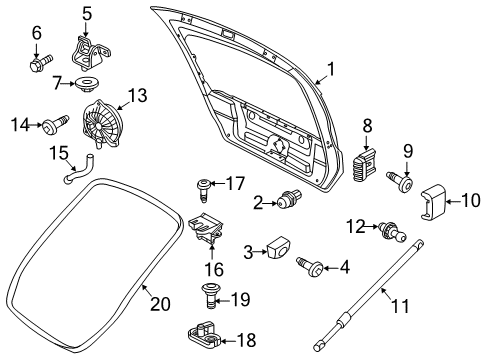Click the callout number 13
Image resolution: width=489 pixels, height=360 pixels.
pyautogui.click(x=137, y=95)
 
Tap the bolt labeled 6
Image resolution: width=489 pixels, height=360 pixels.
pyautogui.click(x=41, y=63)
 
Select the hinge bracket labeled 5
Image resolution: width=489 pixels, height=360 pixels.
pyautogui.click(x=90, y=53)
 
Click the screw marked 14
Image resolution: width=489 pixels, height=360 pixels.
pyautogui.click(x=55, y=124)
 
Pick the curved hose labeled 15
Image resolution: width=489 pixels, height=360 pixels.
pyautogui.click(x=78, y=170)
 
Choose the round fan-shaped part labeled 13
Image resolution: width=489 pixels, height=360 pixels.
pyautogui.click(x=100, y=123)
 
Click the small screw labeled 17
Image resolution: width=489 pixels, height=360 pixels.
pyautogui.click(x=203, y=190)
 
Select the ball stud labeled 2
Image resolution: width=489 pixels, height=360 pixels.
pyautogui.click(x=290, y=198)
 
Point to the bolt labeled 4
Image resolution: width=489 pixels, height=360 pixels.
pyautogui.click(x=310, y=267)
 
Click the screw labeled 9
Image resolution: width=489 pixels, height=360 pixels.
pyautogui.click(x=400, y=180)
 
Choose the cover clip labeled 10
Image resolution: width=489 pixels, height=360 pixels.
pyautogui.click(x=432, y=203)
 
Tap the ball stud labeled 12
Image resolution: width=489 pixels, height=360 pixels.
pyautogui.click(x=394, y=232)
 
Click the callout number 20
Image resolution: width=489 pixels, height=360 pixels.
pyautogui.click(x=160, y=304)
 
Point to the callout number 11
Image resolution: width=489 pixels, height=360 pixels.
pyautogui.click(x=400, y=306)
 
